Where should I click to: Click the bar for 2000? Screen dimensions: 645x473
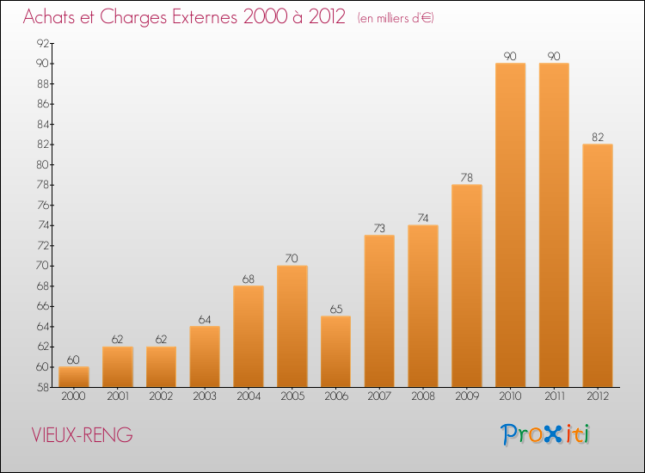pyautogui.click(x=74, y=377)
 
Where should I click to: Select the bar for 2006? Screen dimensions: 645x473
pyautogui.click(x=335, y=352)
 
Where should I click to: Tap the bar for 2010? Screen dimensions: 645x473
pyautogui.click(x=511, y=225)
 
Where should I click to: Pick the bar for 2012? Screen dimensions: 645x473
pyautogui.click(x=598, y=265)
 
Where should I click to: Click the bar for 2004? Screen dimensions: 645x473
pyautogui.click(x=249, y=336)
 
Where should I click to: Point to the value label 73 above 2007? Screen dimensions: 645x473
pyautogui.click(x=379, y=228)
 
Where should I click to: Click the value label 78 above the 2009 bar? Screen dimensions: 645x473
pyautogui.click(x=466, y=178)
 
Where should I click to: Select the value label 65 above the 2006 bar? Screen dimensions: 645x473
pyautogui.click(x=336, y=310)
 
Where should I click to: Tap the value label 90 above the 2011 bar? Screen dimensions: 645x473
pyautogui.click(x=554, y=57)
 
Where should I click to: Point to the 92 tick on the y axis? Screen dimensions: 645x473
pyautogui.click(x=43, y=43)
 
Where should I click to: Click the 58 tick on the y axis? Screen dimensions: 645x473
pyautogui.click(x=43, y=388)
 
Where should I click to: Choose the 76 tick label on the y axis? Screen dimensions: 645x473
pyautogui.click(x=43, y=206)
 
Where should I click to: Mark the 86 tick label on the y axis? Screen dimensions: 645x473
pyautogui.click(x=43, y=104)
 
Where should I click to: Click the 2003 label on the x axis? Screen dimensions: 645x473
pyautogui.click(x=205, y=396)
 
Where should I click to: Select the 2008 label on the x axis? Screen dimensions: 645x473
pyautogui.click(x=423, y=396)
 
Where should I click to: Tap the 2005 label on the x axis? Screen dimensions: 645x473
pyautogui.click(x=292, y=396)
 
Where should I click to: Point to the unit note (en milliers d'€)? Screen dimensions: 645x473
pyautogui.click(x=396, y=18)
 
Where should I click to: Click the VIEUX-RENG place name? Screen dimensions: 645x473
pyautogui.click(x=82, y=435)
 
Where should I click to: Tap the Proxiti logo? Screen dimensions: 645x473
pyautogui.click(x=545, y=434)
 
